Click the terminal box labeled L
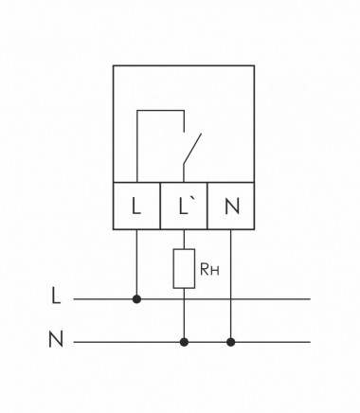click(136, 205)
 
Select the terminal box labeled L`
click(184, 205)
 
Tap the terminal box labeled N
click(231, 205)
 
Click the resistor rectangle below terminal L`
click(184, 269)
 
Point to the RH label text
click(209, 270)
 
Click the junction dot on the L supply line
click(136, 299)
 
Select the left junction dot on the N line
click(184, 341)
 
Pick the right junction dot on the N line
click(231, 341)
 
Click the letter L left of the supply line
click(56, 297)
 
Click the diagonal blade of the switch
click(193, 150)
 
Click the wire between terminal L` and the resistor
click(184, 239)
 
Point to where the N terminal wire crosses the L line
click(231, 299)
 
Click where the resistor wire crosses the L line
click(184, 299)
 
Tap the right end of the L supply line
click(309, 299)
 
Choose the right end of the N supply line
click(309, 341)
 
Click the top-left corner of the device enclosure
click(114, 66)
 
